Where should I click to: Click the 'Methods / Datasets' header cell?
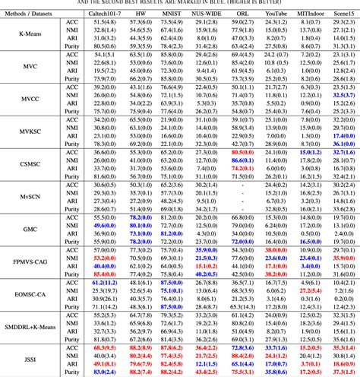[x=33, y=14]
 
